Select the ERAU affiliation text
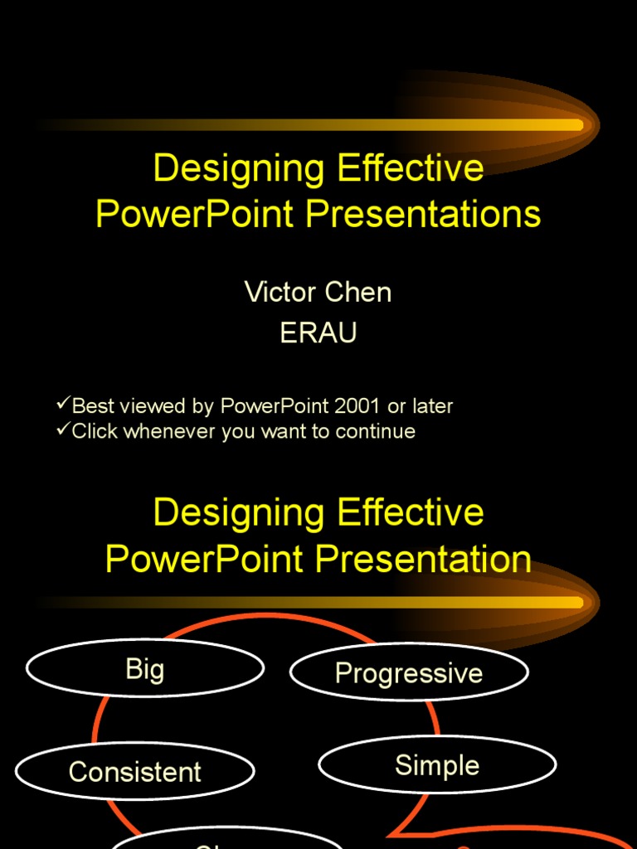click(318, 332)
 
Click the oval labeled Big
click(145, 669)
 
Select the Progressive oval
click(409, 672)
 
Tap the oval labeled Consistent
click(134, 772)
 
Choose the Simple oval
click(437, 765)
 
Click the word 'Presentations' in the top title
click(423, 214)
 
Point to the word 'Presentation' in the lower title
click(423, 559)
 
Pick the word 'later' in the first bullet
click(431, 406)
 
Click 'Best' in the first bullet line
click(90, 406)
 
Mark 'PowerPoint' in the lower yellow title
click(205, 559)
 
